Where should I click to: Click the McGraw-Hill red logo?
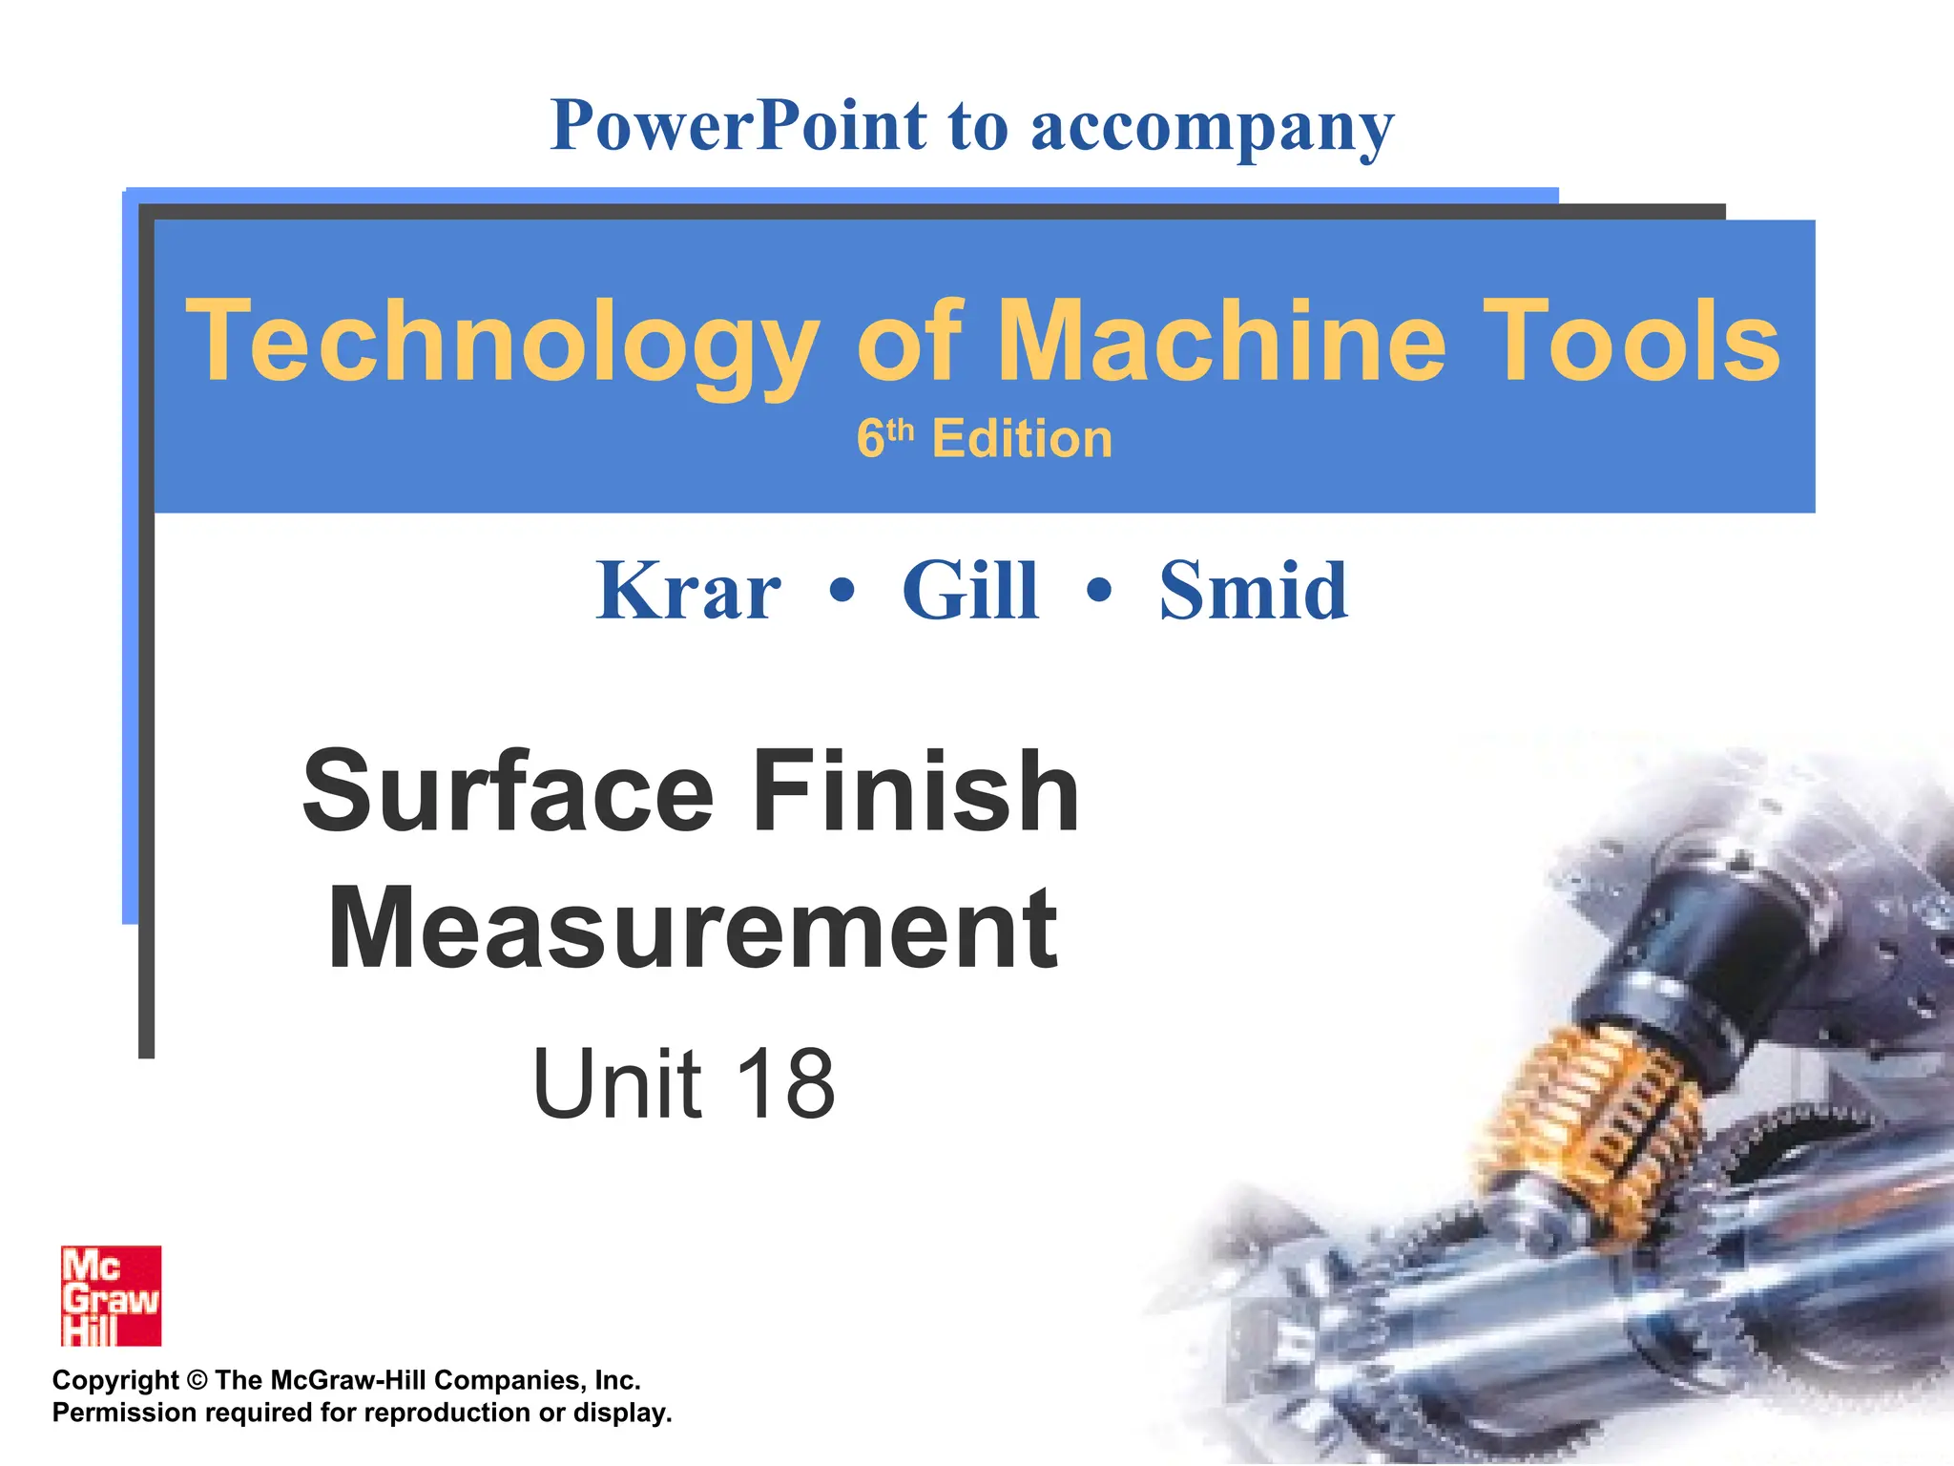click(111, 1295)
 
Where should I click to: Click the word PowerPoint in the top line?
click(738, 126)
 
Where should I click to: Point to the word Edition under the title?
click(1022, 439)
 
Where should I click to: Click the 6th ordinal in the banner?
click(884, 438)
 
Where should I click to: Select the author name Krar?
click(688, 591)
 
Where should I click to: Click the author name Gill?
click(969, 591)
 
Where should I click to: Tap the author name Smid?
click(1253, 591)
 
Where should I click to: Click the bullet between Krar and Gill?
click(842, 591)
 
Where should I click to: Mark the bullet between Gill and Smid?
click(1099, 591)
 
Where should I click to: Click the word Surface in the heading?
click(508, 792)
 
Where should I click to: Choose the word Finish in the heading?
click(915, 792)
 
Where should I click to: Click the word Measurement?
click(693, 929)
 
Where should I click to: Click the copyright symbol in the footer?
click(197, 1380)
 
